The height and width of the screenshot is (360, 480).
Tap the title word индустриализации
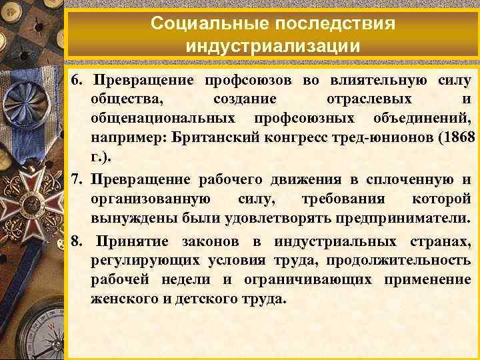pyautogui.click(x=273, y=47)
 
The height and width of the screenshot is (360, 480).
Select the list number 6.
pyautogui.click(x=78, y=81)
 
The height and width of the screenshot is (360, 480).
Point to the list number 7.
pyautogui.click(x=78, y=180)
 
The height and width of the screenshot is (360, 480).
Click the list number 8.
pyautogui.click(x=78, y=241)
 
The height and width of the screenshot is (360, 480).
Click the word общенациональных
pyautogui.click(x=163, y=119)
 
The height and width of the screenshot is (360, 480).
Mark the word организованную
pyautogui.click(x=153, y=199)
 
